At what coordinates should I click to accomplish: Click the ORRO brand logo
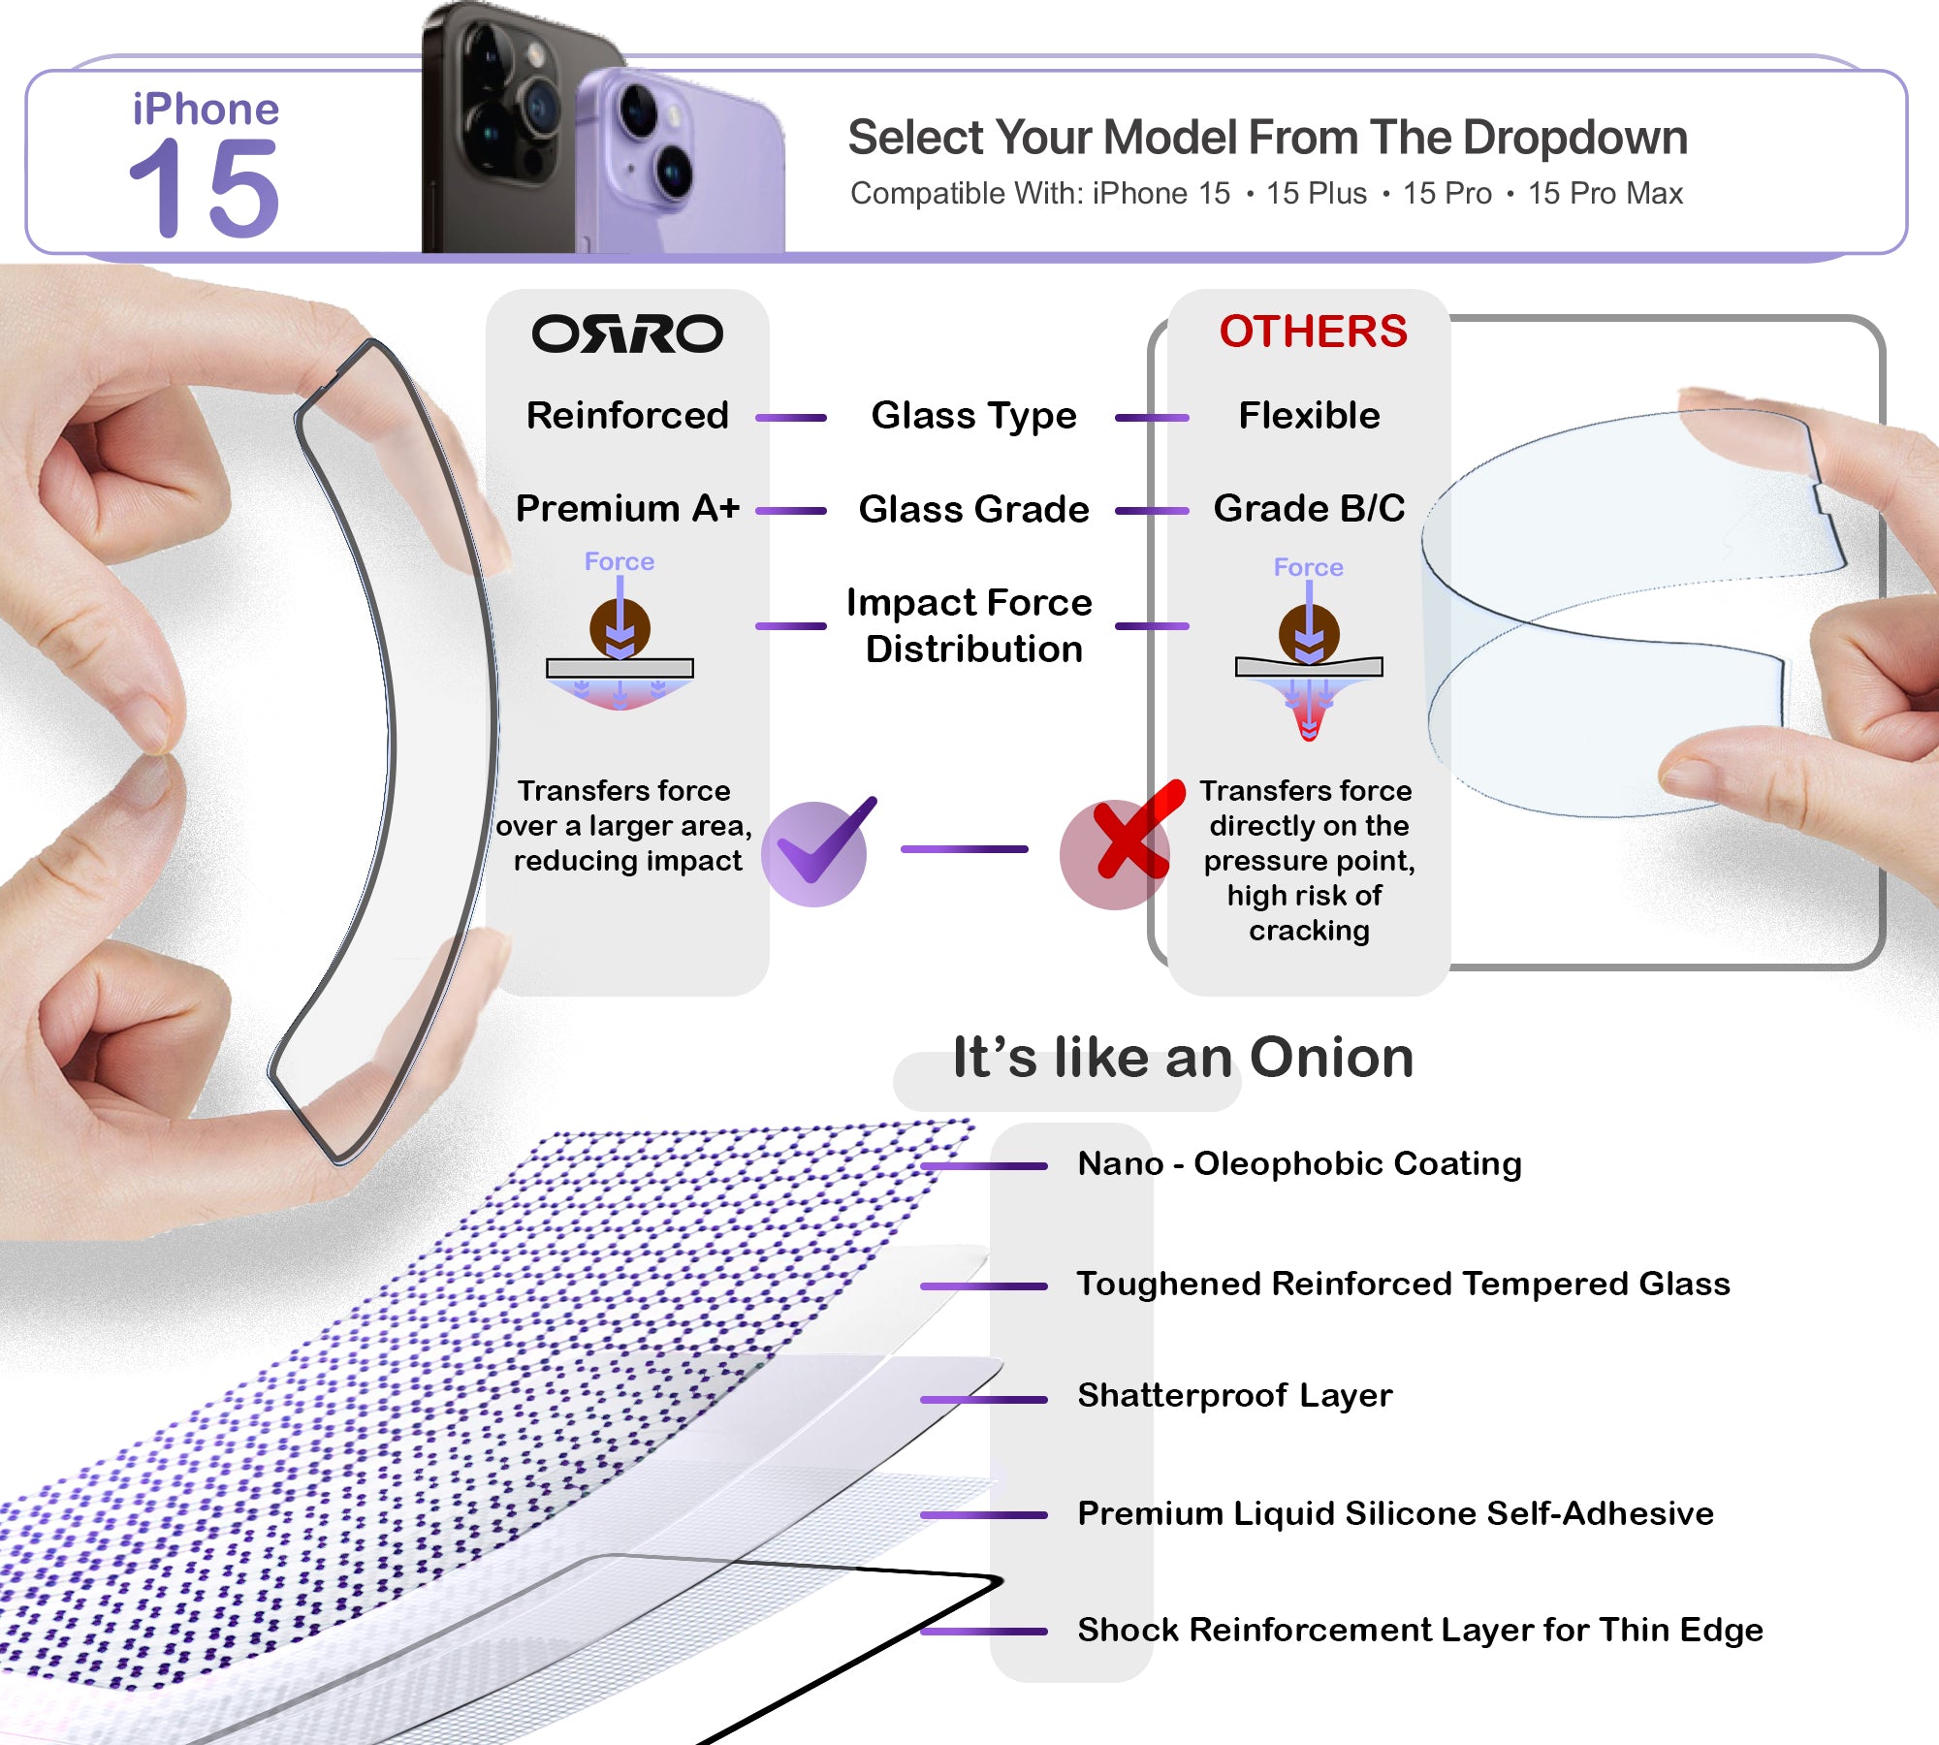pos(627,333)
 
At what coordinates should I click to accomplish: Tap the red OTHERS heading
pos(1313,332)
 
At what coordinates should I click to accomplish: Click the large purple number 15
pos(205,188)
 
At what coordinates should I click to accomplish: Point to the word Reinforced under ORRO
pos(627,415)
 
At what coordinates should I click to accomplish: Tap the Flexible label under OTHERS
pos(1309,415)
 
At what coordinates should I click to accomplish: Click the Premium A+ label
pos(627,508)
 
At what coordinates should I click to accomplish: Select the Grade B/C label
pos(1309,508)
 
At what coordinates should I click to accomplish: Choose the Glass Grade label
pos(973,509)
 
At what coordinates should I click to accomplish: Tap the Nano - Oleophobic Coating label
pos(1299,1163)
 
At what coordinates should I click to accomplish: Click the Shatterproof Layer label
pos(1235,1395)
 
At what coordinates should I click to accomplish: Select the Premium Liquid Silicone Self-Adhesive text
pos(1395,1513)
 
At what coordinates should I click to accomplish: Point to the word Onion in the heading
pos(1331,1057)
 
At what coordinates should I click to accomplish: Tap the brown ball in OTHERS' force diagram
pos(1309,633)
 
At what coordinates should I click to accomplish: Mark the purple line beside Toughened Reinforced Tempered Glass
pos(984,1286)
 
